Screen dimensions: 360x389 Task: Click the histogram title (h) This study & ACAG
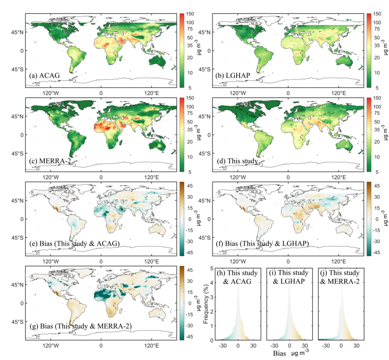238,277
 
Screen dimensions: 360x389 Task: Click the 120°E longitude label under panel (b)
338,93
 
